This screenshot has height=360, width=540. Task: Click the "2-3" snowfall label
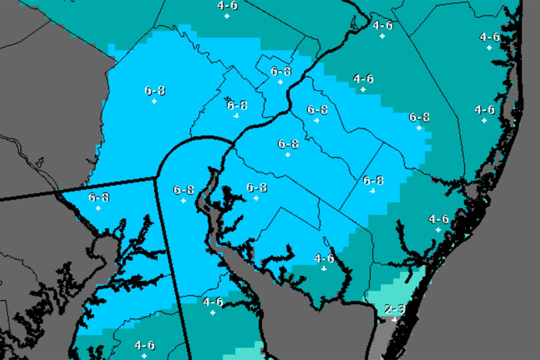(x=395, y=310)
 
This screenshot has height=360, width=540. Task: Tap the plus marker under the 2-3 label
(x=394, y=319)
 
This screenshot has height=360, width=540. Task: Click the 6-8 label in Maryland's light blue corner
(x=99, y=197)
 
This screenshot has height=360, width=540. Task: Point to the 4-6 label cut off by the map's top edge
(x=227, y=6)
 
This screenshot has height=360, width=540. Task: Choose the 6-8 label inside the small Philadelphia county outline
(x=281, y=71)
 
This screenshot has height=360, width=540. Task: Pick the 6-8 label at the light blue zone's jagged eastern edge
(x=419, y=117)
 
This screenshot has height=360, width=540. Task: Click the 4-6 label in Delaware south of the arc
(x=212, y=302)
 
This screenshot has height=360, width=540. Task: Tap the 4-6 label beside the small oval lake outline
(x=324, y=258)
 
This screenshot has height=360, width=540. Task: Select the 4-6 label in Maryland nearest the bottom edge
(x=144, y=346)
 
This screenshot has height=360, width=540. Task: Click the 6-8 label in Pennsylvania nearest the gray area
(x=154, y=91)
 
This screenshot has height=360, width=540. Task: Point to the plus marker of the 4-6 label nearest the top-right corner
(x=489, y=48)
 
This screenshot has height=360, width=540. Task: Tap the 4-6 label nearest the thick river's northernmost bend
(x=382, y=26)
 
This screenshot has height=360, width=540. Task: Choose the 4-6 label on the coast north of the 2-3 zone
(x=438, y=220)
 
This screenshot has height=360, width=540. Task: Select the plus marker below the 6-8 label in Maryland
(x=98, y=208)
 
